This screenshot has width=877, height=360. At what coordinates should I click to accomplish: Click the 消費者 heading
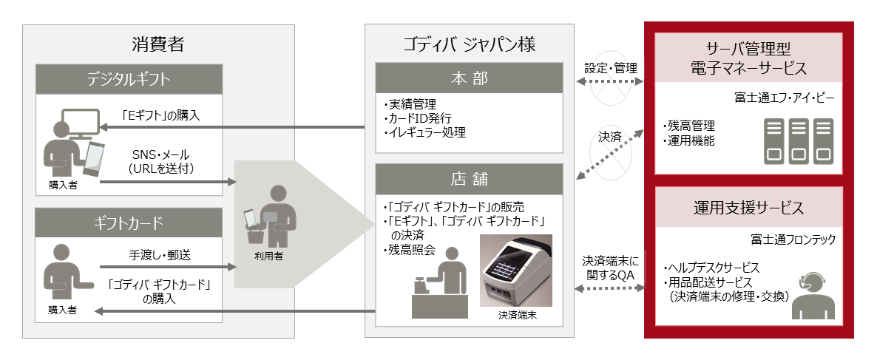pos(158,44)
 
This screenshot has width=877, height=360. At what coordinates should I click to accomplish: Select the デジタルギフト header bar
pos(129,79)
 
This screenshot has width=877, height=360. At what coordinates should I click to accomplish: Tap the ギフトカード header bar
pos(129,222)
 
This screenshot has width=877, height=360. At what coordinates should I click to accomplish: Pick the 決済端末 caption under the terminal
pos(516,315)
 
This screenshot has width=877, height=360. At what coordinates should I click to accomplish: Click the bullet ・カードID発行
pos(419,118)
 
